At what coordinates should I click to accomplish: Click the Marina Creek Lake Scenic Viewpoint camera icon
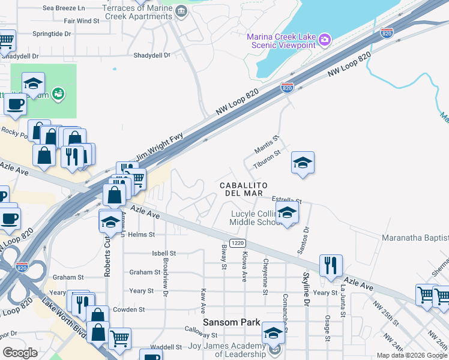pyautogui.click(x=325, y=40)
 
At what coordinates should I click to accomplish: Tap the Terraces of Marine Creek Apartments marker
pyautogui.click(x=181, y=10)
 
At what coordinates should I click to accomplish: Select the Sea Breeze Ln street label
pyautogui.click(x=63, y=8)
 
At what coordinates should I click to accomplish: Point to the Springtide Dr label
pyautogui.click(x=52, y=34)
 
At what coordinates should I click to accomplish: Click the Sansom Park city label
pyautogui.click(x=231, y=322)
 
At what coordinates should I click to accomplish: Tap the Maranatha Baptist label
pyautogui.click(x=415, y=238)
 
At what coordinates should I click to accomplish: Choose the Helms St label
pyautogui.click(x=141, y=235)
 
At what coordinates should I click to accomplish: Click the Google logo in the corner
pyautogui.click(x=20, y=352)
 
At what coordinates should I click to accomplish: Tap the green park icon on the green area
pyautogui.click(x=58, y=93)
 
